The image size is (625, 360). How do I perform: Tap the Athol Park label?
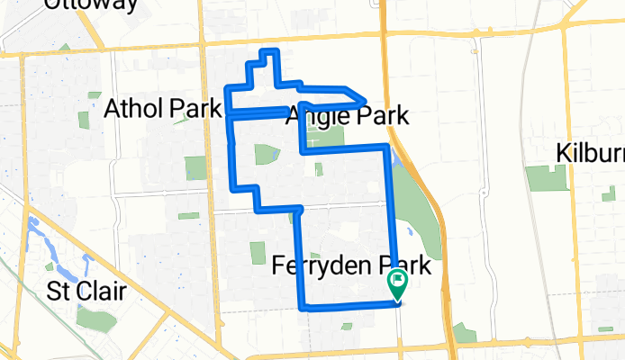click(162, 110)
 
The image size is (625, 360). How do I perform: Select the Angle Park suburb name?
click(347, 116)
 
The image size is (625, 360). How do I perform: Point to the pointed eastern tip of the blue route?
click(364, 101)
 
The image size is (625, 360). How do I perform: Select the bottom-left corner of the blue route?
click(301, 306)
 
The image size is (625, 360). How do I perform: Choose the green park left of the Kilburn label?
click(542, 178)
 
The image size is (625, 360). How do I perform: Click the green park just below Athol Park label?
click(195, 168)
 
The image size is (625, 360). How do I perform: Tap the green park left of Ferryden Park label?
click(257, 254)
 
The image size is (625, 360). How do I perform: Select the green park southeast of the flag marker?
click(465, 334)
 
